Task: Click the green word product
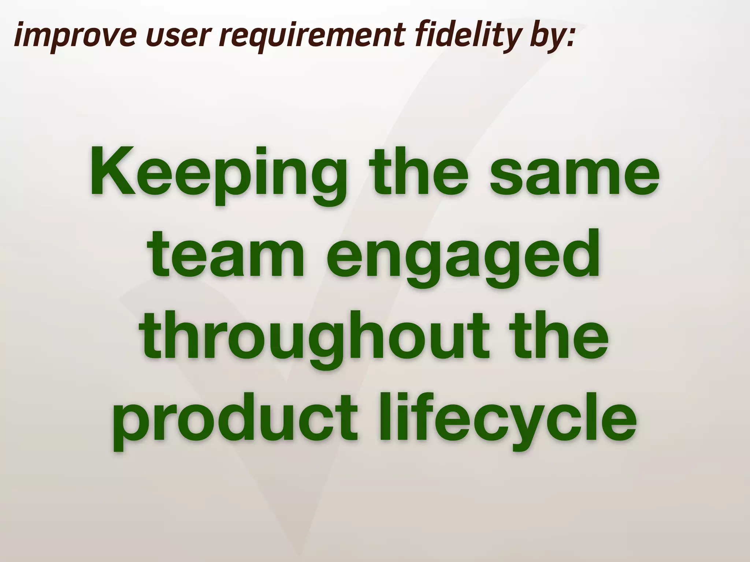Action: coord(234,421)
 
